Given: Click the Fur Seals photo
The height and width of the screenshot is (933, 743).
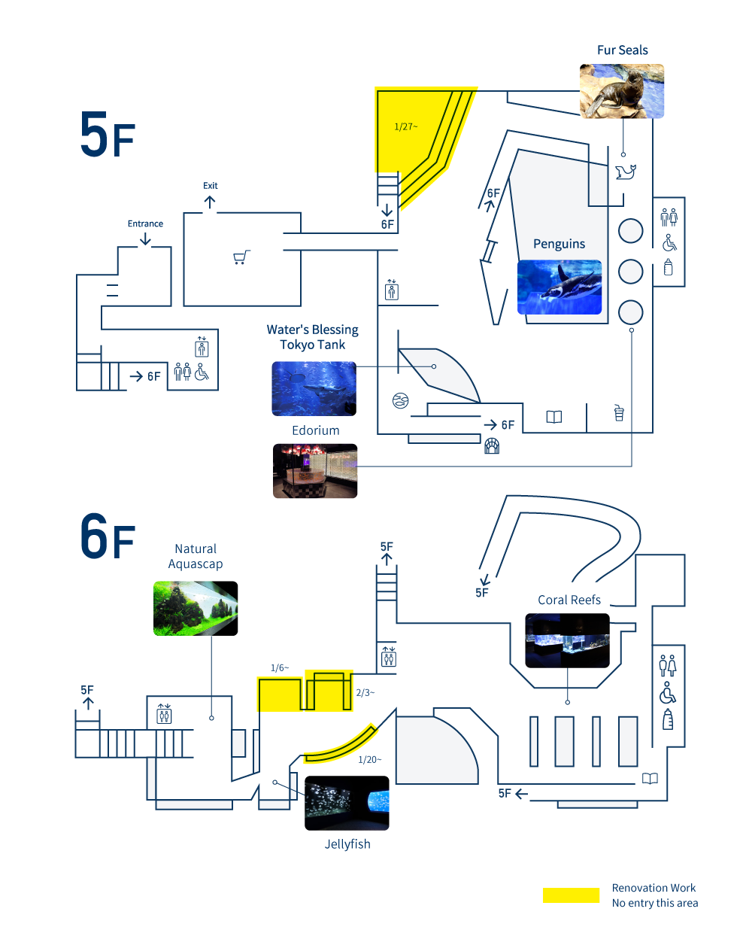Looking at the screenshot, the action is pyautogui.click(x=621, y=91).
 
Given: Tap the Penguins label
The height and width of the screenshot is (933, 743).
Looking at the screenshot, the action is pyautogui.click(x=559, y=244).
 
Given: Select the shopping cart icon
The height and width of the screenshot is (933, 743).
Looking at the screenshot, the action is pyautogui.click(x=241, y=257).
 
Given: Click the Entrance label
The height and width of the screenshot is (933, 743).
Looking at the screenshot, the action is pyautogui.click(x=145, y=223).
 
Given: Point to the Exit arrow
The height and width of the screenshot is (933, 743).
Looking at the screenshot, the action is pyautogui.click(x=210, y=202).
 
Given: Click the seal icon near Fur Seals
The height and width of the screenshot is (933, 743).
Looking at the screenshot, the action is pyautogui.click(x=625, y=172).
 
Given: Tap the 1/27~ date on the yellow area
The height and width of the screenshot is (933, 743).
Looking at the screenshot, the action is pyautogui.click(x=406, y=126).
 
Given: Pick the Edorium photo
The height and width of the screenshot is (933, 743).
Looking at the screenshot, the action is pyautogui.click(x=315, y=471).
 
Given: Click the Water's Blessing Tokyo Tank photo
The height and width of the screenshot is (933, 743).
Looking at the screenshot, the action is pyautogui.click(x=314, y=388).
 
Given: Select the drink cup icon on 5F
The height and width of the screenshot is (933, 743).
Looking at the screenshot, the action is pyautogui.click(x=619, y=413).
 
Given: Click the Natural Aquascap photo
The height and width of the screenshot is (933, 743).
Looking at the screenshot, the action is pyautogui.click(x=196, y=608).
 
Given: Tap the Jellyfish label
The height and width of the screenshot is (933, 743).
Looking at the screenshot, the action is pyautogui.click(x=347, y=844).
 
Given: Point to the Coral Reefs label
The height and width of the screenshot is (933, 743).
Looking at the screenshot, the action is pyautogui.click(x=569, y=600).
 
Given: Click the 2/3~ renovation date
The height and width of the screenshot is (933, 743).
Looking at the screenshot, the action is pyautogui.click(x=365, y=693).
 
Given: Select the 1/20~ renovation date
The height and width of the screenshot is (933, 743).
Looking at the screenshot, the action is pyautogui.click(x=369, y=760).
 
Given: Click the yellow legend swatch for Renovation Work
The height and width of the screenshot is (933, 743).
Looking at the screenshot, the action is pyautogui.click(x=571, y=895).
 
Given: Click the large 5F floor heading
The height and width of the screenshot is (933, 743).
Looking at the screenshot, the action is pyautogui.click(x=108, y=135).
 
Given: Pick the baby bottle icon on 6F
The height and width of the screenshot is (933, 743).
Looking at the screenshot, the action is pyautogui.click(x=668, y=719).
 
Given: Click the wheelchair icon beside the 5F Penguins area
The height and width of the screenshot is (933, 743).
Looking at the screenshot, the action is pyautogui.click(x=669, y=243).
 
